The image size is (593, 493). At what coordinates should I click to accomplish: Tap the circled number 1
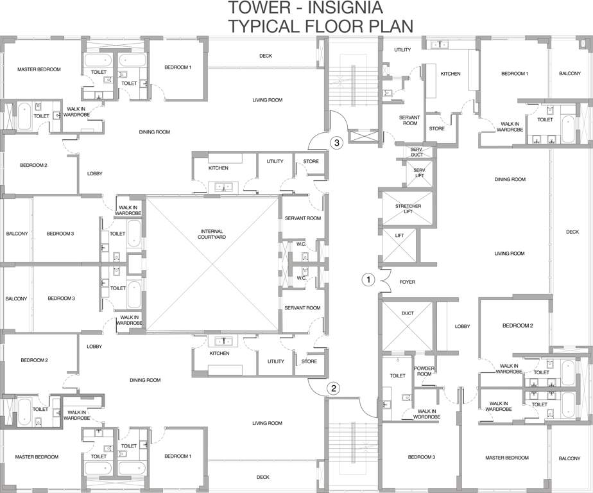point(368,280)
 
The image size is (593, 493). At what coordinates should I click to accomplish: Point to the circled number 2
point(334,388)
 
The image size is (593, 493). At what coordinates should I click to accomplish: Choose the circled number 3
point(336,143)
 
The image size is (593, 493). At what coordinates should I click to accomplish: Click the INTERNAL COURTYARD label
point(212,234)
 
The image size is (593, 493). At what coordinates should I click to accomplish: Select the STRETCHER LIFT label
point(408,209)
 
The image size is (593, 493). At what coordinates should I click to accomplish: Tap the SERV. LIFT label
point(419,173)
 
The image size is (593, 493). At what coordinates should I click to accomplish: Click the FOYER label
point(407,282)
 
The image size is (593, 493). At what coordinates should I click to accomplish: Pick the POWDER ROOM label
point(425,371)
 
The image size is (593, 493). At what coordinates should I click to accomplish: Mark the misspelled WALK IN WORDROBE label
point(427,414)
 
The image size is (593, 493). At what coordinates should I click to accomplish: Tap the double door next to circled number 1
point(384,279)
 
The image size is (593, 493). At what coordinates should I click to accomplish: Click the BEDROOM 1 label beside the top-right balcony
point(514,74)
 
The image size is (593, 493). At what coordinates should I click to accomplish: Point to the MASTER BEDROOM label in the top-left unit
point(39,69)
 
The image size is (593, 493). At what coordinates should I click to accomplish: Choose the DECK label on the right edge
point(572,232)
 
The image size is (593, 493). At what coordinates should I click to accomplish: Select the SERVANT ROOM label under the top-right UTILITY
point(409,120)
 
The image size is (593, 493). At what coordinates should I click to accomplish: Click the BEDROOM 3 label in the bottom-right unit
point(422,457)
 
